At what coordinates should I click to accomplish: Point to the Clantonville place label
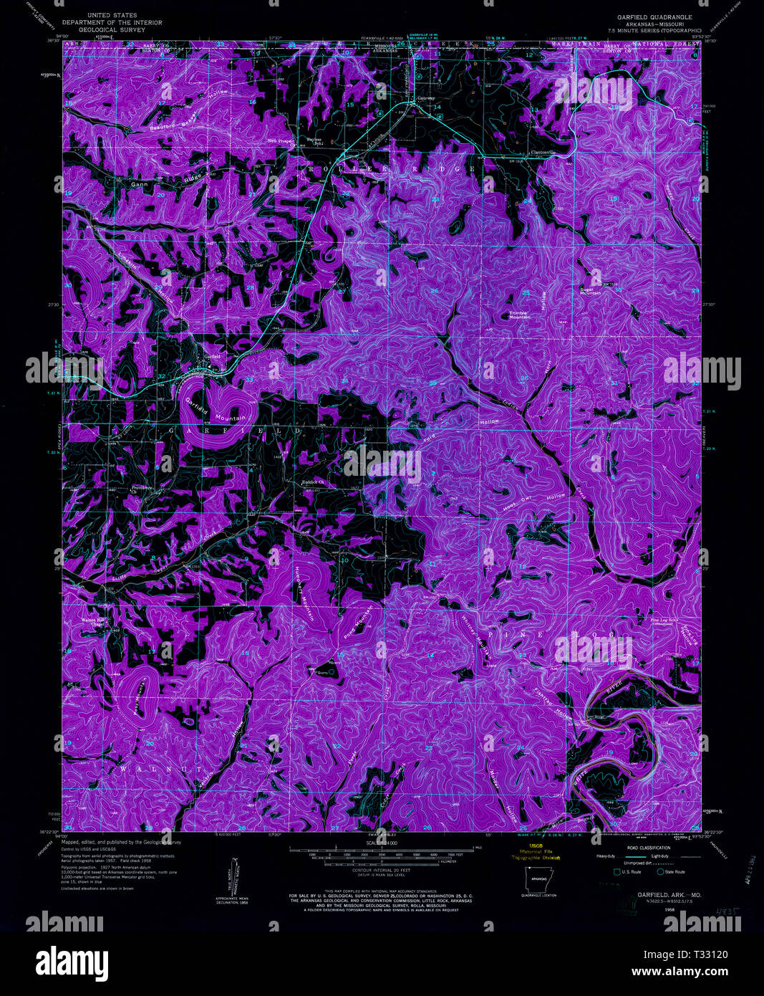click(542, 152)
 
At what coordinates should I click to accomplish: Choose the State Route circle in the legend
click(660, 871)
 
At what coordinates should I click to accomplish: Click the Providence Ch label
click(142, 489)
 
